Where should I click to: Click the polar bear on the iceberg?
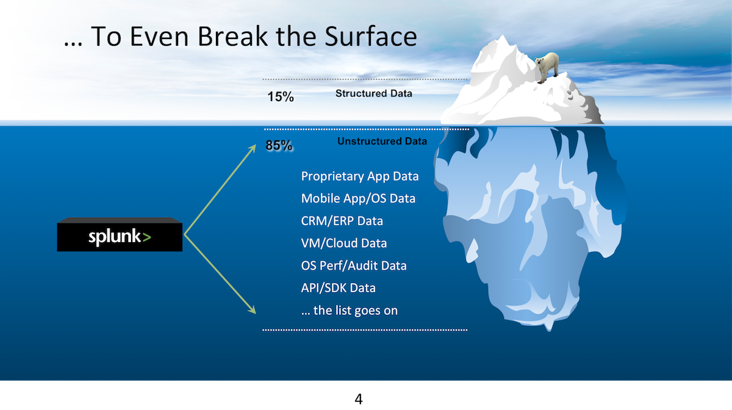tap(547, 67)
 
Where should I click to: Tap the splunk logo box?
tap(120, 235)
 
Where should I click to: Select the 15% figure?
tap(281, 97)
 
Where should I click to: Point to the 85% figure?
tap(279, 145)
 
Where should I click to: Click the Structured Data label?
tap(374, 93)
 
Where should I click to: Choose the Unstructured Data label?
tap(382, 142)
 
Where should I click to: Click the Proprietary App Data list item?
tap(360, 176)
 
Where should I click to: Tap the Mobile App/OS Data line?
tap(358, 199)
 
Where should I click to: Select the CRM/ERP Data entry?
tap(342, 221)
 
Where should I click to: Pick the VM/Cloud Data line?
tap(344, 243)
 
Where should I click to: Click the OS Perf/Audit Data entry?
tap(354, 266)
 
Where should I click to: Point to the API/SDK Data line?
tap(338, 288)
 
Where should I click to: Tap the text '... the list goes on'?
tap(350, 311)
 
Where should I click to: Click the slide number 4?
tap(359, 399)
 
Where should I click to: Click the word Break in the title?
tap(233, 36)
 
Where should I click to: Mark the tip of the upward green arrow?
tap(255, 145)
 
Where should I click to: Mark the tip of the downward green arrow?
tap(256, 314)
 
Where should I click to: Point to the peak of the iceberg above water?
tap(501, 35)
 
